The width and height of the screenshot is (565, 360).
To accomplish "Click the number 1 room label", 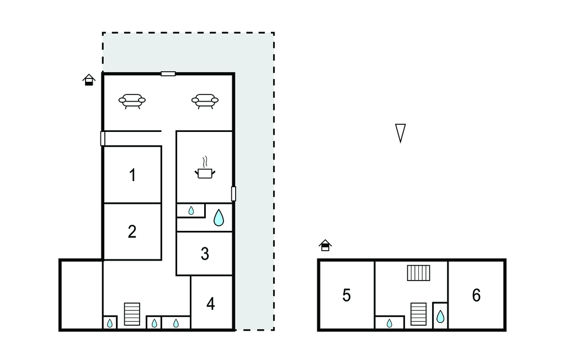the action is [x=132, y=175].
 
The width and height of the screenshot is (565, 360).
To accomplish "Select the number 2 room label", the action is [x=132, y=231].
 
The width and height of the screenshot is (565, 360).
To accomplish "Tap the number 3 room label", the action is [x=205, y=254].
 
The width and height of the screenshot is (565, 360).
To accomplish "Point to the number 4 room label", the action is [x=211, y=304].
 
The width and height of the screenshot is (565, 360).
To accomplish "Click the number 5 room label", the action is [x=347, y=295].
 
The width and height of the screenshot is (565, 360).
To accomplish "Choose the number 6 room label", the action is [x=476, y=295].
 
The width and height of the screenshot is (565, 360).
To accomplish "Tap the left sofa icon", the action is [x=132, y=101].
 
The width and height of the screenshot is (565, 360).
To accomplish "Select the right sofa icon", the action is [x=205, y=101].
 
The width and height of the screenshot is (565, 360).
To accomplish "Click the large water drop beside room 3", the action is [x=218, y=218].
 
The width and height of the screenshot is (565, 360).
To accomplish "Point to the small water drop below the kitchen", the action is [x=191, y=211].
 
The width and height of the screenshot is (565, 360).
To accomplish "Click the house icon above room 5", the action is [x=325, y=245].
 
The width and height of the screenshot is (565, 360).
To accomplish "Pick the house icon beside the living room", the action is [x=89, y=80].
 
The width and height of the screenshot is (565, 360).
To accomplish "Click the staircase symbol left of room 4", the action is [x=132, y=314].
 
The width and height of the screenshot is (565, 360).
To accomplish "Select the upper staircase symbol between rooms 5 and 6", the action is [x=418, y=273].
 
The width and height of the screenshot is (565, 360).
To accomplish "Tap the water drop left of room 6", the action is [x=440, y=317].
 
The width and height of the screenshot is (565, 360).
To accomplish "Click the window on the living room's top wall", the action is [x=168, y=74].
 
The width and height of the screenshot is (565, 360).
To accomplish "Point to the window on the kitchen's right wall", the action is [x=233, y=194].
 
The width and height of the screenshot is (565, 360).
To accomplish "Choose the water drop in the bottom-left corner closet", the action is [x=110, y=323].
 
